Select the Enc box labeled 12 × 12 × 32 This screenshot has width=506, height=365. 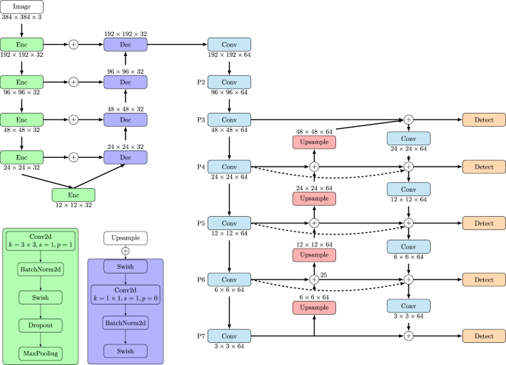pyautogui.click(x=74, y=195)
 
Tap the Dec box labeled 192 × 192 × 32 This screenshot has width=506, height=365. pyautogui.click(x=126, y=45)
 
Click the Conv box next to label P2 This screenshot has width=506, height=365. pyautogui.click(x=230, y=82)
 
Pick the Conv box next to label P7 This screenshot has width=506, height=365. pyautogui.click(x=230, y=336)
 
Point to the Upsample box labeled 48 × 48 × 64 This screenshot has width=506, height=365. pyautogui.click(x=314, y=141)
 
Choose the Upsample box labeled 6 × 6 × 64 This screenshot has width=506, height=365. pyautogui.click(x=314, y=307)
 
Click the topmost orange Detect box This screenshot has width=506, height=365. pyautogui.click(x=484, y=119)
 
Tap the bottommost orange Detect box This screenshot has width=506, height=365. pyautogui.click(x=484, y=336)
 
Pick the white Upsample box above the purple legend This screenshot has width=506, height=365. pyautogui.click(x=125, y=238)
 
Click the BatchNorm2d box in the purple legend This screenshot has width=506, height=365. pyautogui.click(x=125, y=324)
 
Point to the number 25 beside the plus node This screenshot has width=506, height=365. pyautogui.click(x=323, y=274)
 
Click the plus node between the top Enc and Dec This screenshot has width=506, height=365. pyautogui.click(x=73, y=45)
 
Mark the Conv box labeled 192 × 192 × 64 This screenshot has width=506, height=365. pyautogui.click(x=230, y=44)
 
